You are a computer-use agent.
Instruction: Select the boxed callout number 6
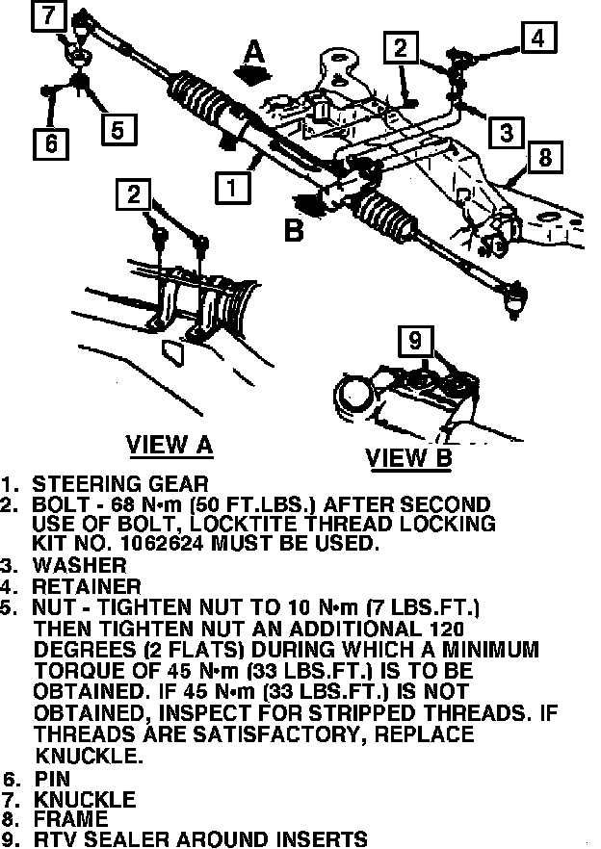point(50,142)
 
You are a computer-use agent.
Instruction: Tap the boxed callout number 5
point(117,128)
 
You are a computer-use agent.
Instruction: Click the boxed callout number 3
point(506,131)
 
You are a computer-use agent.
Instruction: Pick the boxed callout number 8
point(544,157)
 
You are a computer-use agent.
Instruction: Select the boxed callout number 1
point(232,186)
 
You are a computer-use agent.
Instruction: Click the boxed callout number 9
point(415,341)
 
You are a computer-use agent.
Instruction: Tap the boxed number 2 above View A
point(133,195)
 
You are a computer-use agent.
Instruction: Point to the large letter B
point(294,231)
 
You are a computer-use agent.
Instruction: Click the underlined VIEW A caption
point(170,445)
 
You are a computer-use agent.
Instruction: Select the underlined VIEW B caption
point(408,458)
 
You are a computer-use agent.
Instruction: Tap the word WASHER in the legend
point(79,565)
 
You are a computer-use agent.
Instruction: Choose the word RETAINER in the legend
point(87,585)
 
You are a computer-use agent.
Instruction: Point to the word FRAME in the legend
point(73,818)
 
